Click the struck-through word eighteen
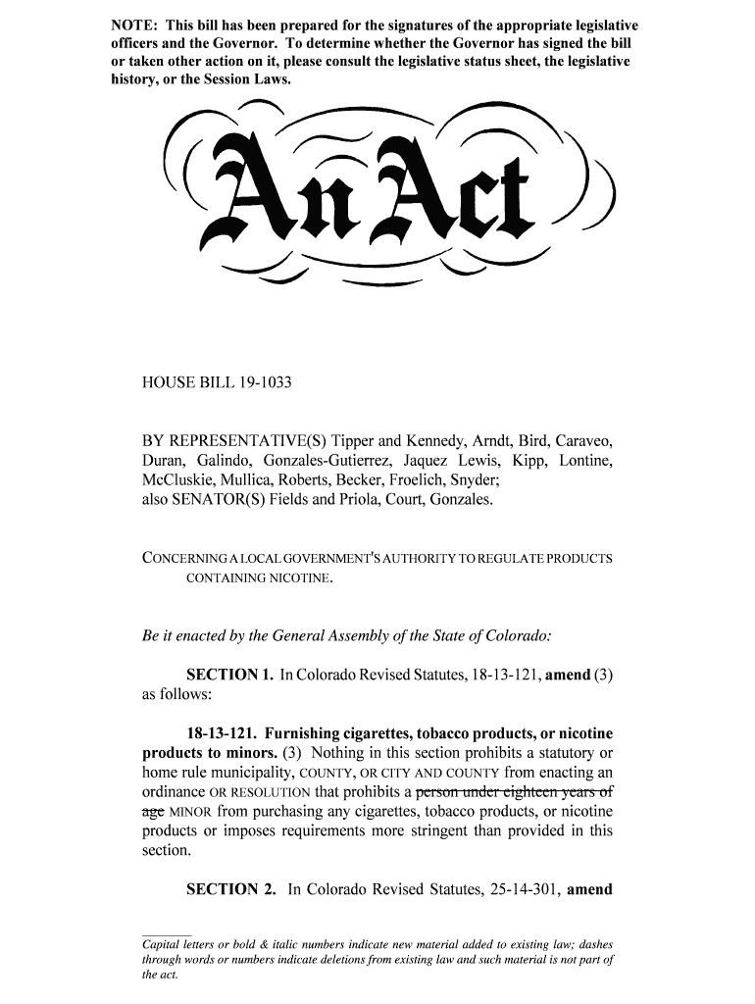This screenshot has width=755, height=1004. [521, 792]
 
